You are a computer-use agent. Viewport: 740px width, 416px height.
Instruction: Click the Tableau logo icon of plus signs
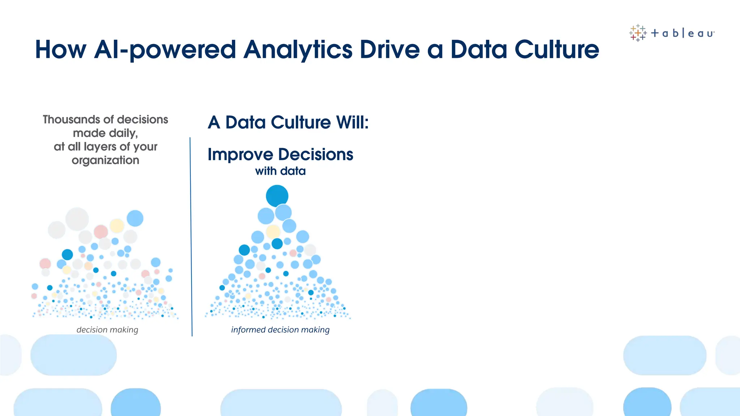click(x=638, y=33)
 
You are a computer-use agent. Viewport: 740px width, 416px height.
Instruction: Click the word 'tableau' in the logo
click(x=683, y=34)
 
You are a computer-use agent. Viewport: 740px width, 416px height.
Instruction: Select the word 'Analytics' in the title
click(x=298, y=49)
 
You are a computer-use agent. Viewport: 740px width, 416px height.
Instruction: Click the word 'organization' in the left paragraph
click(x=106, y=160)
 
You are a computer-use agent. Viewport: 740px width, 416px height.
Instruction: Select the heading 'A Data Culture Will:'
click(x=288, y=122)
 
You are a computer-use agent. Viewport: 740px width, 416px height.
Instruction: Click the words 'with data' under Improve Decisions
click(x=280, y=171)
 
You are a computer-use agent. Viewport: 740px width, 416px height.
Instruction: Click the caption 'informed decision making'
click(x=280, y=330)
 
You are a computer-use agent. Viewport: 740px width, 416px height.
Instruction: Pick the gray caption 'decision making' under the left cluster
click(x=107, y=330)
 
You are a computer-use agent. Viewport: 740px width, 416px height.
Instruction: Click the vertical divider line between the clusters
click(x=191, y=237)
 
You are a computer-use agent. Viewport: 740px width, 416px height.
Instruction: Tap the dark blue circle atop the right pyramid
click(x=277, y=196)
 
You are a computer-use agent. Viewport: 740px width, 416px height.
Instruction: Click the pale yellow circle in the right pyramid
click(x=273, y=231)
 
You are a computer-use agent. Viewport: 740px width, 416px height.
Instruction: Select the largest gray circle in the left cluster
click(x=77, y=219)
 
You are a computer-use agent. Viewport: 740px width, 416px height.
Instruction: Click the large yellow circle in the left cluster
click(x=117, y=226)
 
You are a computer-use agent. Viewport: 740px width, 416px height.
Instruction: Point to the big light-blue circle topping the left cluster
click(x=135, y=218)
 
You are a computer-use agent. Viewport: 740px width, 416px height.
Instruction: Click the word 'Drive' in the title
click(x=390, y=49)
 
